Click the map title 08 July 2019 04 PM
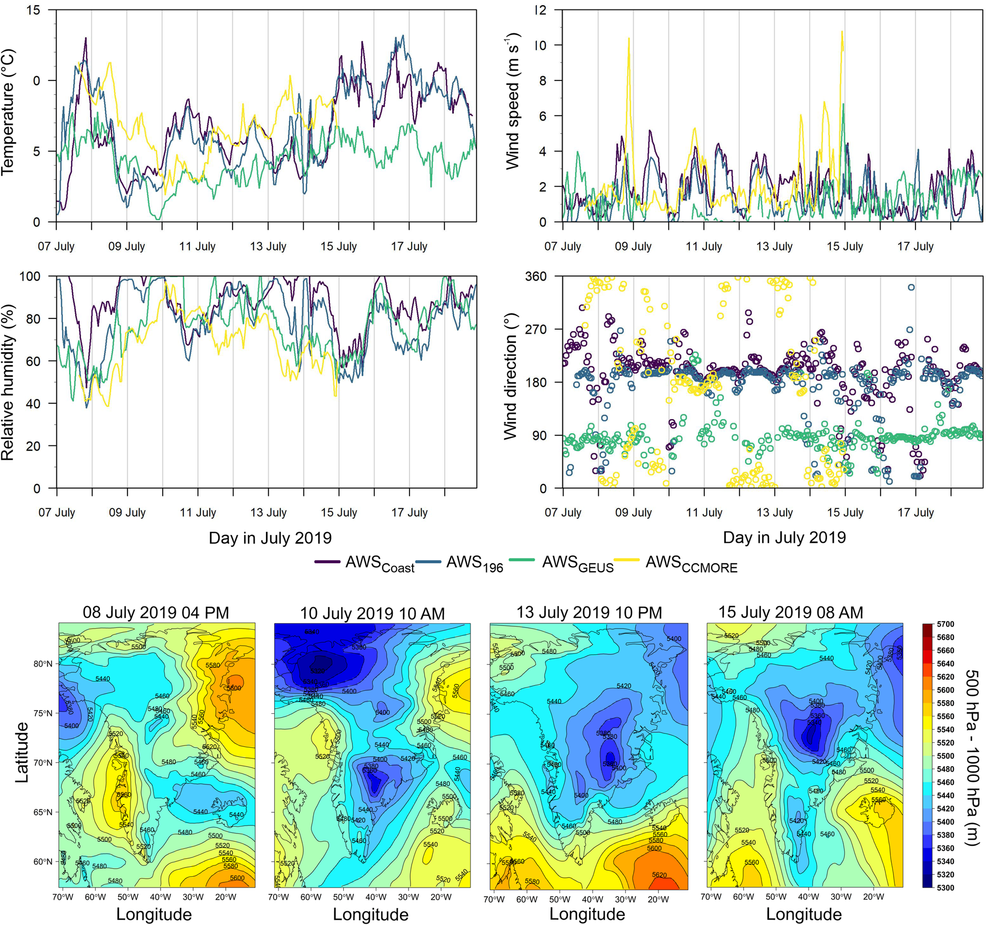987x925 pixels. pyautogui.click(x=156, y=613)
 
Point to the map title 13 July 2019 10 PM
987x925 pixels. pyautogui.click(x=589, y=613)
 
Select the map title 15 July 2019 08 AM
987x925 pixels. pyautogui.click(x=791, y=613)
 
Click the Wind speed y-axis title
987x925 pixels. pyautogui.click(x=513, y=101)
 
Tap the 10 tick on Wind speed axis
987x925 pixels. pyautogui.click(x=540, y=45)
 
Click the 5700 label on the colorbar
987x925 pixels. pyautogui.click(x=945, y=624)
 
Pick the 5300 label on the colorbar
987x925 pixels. pyautogui.click(x=945, y=888)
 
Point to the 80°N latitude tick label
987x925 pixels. pyautogui.click(x=43, y=664)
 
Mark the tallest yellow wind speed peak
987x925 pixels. pyautogui.click(x=842, y=32)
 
